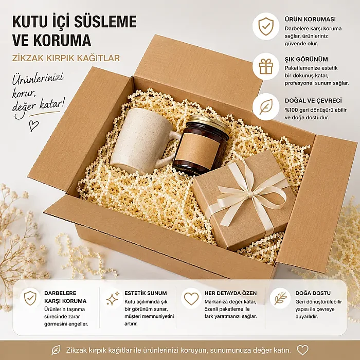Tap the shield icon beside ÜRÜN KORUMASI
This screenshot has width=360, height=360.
tap(266, 26)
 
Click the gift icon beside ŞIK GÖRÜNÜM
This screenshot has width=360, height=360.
tap(266, 66)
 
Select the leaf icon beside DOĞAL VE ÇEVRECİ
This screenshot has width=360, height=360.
tap(266, 107)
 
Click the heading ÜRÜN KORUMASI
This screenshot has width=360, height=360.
tap(310, 19)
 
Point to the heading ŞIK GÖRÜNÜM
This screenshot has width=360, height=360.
tap(307, 59)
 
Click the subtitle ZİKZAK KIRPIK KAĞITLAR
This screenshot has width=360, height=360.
tap(66, 58)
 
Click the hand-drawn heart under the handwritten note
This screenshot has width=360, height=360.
tap(34, 126)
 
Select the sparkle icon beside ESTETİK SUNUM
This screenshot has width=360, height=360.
tap(113, 298)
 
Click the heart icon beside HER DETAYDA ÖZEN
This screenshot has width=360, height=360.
tap(191, 298)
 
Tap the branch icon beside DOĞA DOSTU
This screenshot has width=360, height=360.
tap(280, 298)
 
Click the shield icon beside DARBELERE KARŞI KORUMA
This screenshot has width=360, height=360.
tap(30, 298)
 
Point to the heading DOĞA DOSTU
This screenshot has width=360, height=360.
tap(313, 293)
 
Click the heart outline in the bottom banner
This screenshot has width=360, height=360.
tap(302, 350)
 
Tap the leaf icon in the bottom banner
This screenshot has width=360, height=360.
tap(56, 350)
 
